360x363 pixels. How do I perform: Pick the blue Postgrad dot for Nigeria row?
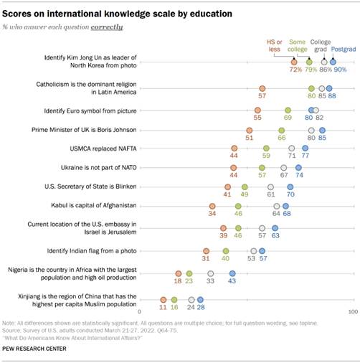[x=232, y=273]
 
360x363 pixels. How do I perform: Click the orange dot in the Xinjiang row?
[x=163, y=299]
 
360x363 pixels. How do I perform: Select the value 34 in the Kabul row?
[x=212, y=214]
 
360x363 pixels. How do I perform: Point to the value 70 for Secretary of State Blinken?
[x=290, y=194]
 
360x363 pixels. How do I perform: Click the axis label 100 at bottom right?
[x=352, y=313]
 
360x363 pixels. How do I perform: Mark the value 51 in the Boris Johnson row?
[x=250, y=137]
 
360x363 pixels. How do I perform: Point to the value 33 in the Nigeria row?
[x=210, y=282]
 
